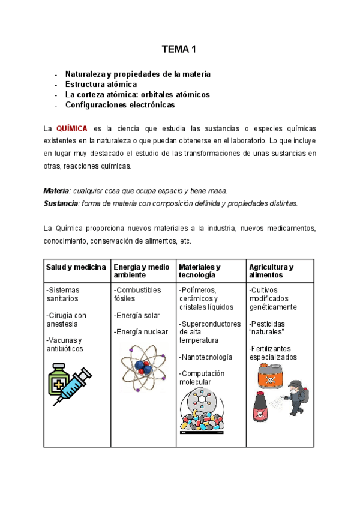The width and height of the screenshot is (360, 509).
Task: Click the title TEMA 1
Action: pos(179,49)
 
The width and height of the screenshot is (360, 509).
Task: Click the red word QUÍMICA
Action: pos(72,128)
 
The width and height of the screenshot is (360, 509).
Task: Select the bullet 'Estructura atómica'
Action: pos(101,85)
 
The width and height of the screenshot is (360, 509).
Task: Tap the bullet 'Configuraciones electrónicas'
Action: pos(120,104)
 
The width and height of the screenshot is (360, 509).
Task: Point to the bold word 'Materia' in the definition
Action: pos(56,191)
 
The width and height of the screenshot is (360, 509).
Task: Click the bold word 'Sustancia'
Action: pos(61,203)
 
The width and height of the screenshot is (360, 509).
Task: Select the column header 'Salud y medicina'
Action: pos(77,267)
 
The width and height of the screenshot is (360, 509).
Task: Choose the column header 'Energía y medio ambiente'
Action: pos(142,271)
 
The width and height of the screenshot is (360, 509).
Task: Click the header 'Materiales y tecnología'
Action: pos(200,271)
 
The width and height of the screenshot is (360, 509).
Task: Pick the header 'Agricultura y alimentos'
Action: pos(271,271)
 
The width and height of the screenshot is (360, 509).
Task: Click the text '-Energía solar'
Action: pos(137,316)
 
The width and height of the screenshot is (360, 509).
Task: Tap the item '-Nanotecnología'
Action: pos(206,357)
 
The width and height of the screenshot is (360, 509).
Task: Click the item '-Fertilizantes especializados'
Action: pos(273,353)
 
